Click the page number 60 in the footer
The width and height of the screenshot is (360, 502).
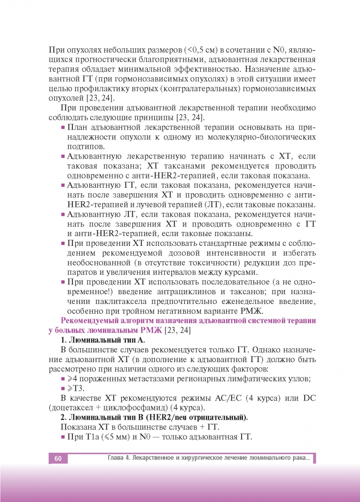pos(58,458)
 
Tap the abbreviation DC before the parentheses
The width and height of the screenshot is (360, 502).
pos(309,398)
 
